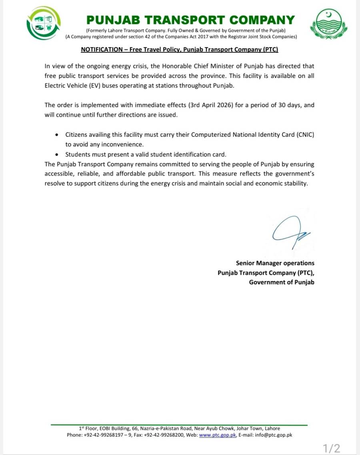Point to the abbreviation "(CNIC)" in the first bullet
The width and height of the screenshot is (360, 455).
point(306,135)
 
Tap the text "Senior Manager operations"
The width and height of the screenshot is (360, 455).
point(275,263)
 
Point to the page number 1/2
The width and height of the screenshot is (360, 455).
point(332,448)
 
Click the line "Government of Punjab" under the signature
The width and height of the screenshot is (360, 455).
point(282,282)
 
